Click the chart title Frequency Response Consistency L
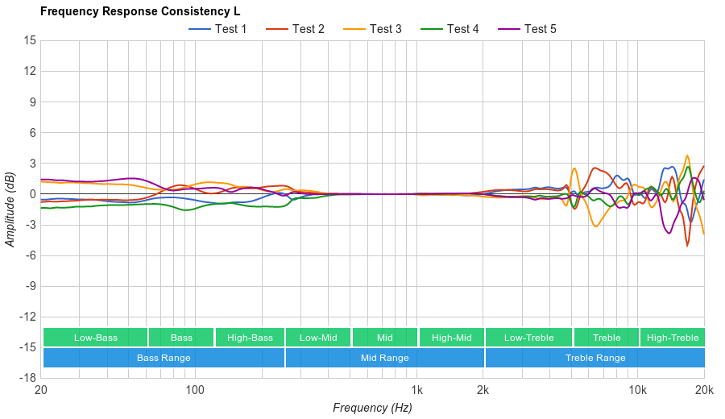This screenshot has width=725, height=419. point(140,11)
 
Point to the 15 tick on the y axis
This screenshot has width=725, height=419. point(29,40)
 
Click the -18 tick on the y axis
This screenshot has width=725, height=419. point(27,377)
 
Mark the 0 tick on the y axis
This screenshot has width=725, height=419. point(31,193)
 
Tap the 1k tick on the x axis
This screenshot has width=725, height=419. point(416,389)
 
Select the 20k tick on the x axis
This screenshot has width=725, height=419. point(703,389)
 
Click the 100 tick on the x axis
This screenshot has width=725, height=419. point(195,389)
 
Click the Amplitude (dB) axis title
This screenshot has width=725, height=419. point(10,209)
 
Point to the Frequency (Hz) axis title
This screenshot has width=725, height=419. point(372,408)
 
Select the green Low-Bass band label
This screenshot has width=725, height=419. point(96,338)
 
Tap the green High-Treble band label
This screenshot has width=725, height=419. point(673,338)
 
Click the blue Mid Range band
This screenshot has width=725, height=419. point(384,358)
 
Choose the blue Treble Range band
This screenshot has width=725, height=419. point(595,358)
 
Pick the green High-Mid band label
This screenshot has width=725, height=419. point(451,338)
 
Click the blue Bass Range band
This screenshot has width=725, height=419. point(164,358)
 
